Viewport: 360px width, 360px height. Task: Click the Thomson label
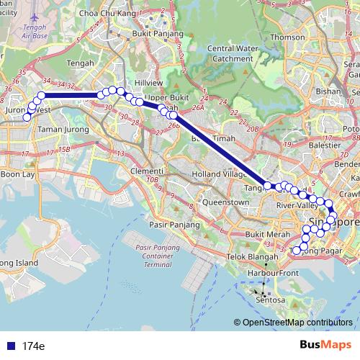click(x=288, y=37)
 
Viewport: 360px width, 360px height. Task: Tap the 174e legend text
click(x=33, y=346)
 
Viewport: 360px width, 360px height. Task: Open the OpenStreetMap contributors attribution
click(x=297, y=323)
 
